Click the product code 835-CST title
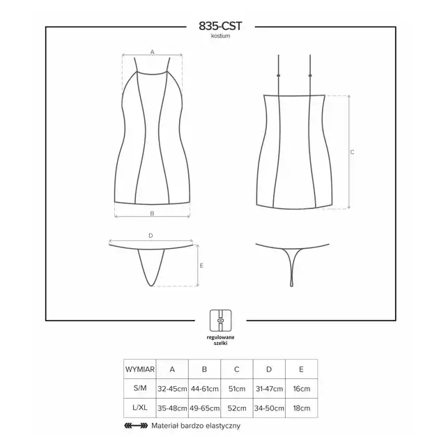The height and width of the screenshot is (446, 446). [220, 26]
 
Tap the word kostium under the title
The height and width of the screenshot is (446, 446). [220, 36]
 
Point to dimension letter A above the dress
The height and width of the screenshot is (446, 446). [152, 52]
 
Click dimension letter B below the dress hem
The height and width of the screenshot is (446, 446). [152, 213]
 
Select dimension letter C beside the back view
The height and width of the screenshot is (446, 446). [352, 152]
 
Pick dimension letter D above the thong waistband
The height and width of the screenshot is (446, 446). [151, 236]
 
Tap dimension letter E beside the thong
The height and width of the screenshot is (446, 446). [201, 266]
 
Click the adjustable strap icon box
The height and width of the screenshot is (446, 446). [220, 321]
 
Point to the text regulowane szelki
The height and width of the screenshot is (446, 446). [220, 340]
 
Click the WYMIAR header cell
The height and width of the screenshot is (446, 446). [140, 369]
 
